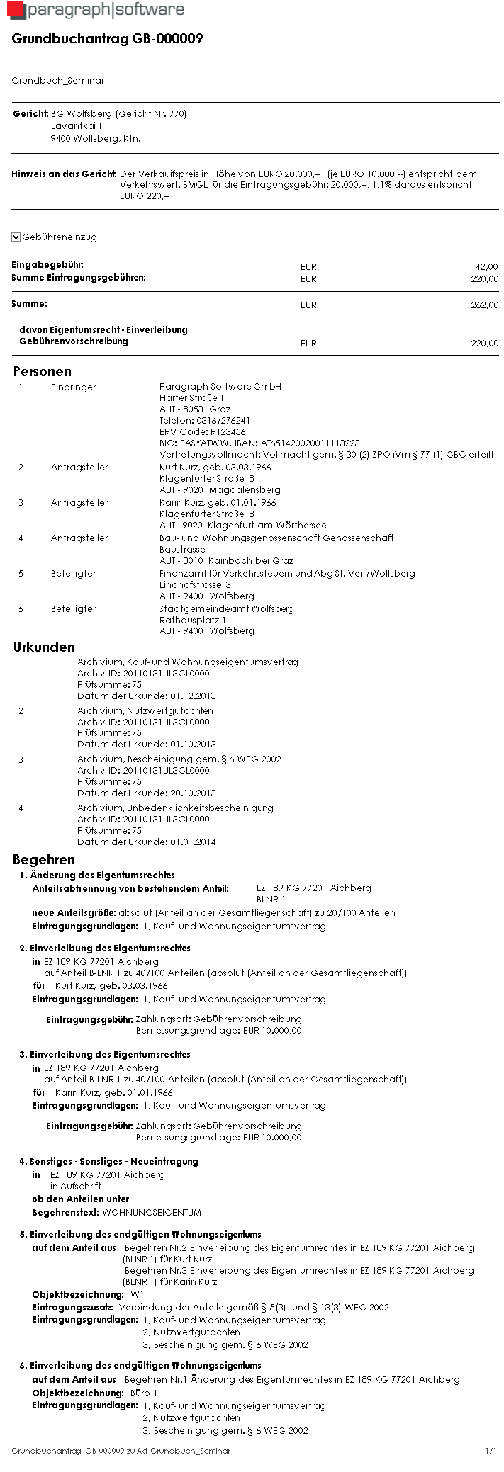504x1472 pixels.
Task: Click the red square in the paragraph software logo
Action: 15,10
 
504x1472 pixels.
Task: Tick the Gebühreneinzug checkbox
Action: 16,237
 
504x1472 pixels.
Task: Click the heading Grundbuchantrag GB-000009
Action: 107,39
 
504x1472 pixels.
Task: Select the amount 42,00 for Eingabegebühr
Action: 486,267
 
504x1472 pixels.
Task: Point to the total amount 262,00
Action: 486,305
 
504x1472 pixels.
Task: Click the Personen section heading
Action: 42,371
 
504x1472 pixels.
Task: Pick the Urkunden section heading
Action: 44,647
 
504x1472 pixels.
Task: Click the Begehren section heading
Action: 43,859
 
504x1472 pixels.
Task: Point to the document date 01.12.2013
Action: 193,696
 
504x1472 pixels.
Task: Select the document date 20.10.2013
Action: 193,793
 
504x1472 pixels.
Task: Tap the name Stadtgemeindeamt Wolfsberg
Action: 226,608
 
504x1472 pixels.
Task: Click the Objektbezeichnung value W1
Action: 138,1294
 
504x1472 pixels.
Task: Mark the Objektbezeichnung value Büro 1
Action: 144,1393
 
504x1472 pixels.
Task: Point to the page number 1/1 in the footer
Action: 491,1451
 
